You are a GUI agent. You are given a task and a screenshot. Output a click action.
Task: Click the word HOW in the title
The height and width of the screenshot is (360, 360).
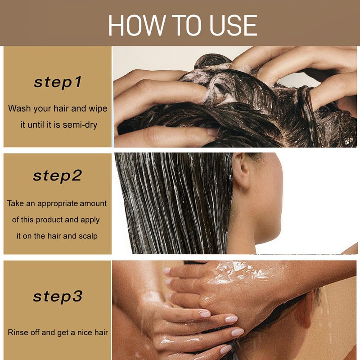(137, 25)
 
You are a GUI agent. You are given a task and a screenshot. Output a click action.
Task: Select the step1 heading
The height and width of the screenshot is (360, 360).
(58, 83)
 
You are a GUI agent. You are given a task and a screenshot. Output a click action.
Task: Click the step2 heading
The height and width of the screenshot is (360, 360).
(58, 176)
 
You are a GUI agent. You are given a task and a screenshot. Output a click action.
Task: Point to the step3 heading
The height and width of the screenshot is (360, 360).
(58, 297)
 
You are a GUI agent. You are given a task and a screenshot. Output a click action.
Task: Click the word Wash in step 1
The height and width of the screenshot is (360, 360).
(19, 108)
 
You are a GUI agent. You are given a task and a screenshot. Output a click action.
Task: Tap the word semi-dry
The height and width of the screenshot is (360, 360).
(80, 125)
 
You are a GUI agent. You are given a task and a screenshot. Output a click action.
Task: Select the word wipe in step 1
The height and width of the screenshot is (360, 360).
(98, 109)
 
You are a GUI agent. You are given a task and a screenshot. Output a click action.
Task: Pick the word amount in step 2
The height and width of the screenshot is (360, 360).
(93, 203)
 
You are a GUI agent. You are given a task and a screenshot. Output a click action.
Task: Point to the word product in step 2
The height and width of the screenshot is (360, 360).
(49, 220)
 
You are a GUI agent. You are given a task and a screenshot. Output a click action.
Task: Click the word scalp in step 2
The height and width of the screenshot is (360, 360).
(88, 236)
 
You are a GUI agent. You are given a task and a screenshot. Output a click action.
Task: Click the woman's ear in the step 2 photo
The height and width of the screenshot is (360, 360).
(241, 171)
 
